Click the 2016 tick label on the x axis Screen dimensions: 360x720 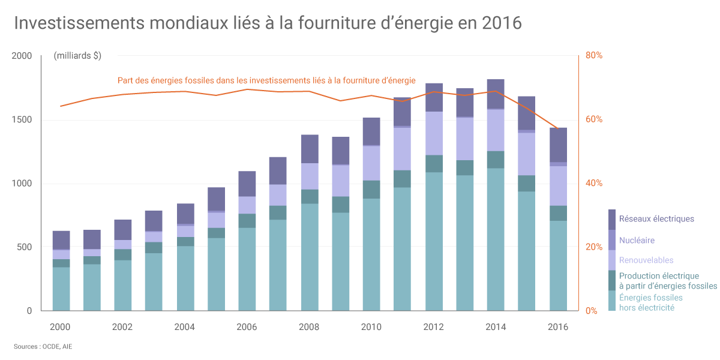[x=558, y=327]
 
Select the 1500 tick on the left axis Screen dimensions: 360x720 [x=22, y=119]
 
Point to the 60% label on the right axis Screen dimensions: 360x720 [x=594, y=119]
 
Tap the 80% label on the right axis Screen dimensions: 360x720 [x=594, y=55]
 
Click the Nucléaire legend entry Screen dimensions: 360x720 [x=637, y=240]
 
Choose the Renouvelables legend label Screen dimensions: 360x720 [x=646, y=260]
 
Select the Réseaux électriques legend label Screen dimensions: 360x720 [x=656, y=219]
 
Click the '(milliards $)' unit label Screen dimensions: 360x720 [x=77, y=56]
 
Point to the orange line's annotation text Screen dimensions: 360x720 [x=266, y=80]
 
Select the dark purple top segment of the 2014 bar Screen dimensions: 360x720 [x=496, y=94]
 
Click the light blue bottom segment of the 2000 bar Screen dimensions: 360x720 [x=61, y=289]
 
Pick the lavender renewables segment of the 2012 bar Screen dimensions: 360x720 [x=434, y=133]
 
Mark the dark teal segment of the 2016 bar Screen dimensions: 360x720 [x=558, y=214]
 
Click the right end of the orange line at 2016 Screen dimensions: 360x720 [x=558, y=128]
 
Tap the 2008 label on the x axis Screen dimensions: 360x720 [x=309, y=327]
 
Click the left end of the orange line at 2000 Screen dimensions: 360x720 [x=61, y=106]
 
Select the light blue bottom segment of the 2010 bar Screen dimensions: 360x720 [x=371, y=254]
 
